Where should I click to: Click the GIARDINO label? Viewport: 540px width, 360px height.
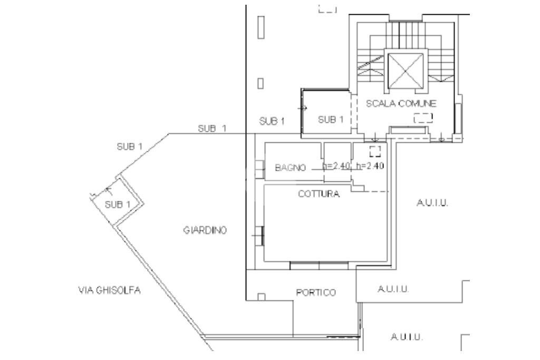pyautogui.click(x=205, y=231)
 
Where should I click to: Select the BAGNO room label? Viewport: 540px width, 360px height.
pyautogui.click(x=291, y=168)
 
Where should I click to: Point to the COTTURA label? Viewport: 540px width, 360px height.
pyautogui.click(x=319, y=194)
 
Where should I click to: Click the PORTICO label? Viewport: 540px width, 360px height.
pyautogui.click(x=316, y=293)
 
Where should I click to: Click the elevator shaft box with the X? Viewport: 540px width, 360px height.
pyautogui.click(x=405, y=70)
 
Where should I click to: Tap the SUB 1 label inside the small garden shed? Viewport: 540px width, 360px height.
pyautogui.click(x=118, y=205)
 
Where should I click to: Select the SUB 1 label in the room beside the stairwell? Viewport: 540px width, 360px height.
pyautogui.click(x=331, y=120)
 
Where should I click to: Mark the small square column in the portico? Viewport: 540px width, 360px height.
pyautogui.click(x=260, y=296)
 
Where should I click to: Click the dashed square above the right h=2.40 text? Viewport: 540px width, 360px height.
pyautogui.click(x=375, y=152)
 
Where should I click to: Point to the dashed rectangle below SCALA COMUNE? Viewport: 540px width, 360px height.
pyautogui.click(x=423, y=118)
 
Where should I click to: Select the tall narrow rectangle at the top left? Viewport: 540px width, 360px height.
pyautogui.click(x=260, y=27)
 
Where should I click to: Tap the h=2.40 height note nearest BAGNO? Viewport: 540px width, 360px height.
pyautogui.click(x=336, y=166)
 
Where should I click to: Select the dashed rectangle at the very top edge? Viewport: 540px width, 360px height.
pyautogui.click(x=327, y=8)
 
